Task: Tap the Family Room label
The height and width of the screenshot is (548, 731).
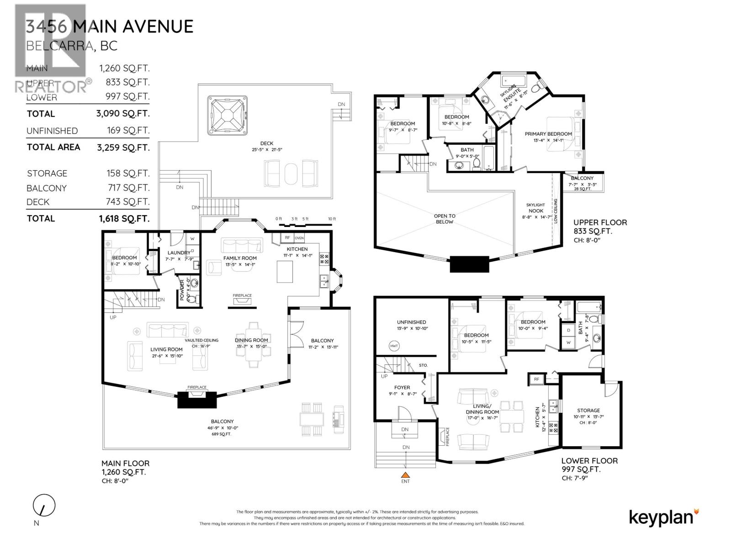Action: point(240,258)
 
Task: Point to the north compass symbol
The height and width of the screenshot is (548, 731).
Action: point(44,506)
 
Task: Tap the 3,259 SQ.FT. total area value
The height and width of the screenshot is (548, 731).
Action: point(123,147)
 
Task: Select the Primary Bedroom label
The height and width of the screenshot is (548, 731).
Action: point(548,134)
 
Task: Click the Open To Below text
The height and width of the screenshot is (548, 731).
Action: point(444,219)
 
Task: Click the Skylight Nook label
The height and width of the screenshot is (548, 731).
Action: point(535,208)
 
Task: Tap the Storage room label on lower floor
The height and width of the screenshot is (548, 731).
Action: point(588,411)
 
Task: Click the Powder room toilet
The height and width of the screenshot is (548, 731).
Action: point(194,299)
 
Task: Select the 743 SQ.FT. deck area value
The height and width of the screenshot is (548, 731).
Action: point(123,201)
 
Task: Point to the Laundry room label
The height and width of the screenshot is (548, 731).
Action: point(178,253)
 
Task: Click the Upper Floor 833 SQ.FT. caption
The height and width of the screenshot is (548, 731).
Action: point(600,227)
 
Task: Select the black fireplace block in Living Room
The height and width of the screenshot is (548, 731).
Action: point(197,400)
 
